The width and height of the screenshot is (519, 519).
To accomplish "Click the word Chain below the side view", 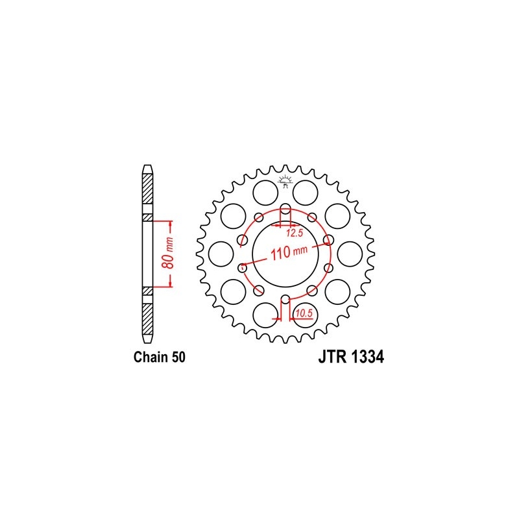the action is coord(151,357).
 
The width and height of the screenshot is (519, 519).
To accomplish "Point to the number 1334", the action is coord(367,357).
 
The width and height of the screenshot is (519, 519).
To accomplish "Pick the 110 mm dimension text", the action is coord(289,253).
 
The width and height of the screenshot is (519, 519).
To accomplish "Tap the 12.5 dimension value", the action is coord(295,233).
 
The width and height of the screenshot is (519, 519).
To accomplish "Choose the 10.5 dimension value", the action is coord(304,313).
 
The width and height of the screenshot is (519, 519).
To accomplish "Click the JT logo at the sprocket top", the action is coord(285,182).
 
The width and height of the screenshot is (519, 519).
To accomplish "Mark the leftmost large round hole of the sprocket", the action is coord(221,254).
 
